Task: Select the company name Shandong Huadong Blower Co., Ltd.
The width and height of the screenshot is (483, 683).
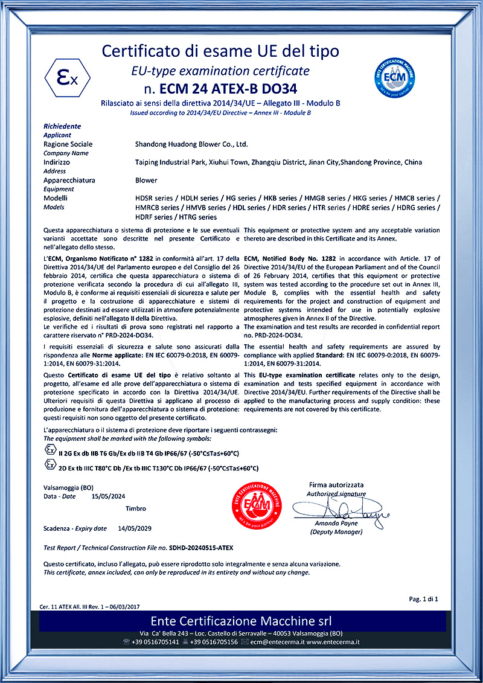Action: (191, 144)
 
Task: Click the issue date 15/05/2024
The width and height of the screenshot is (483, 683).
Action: (109, 496)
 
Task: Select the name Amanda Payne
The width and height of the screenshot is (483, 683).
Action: (336, 523)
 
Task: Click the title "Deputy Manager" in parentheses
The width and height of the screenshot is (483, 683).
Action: (336, 532)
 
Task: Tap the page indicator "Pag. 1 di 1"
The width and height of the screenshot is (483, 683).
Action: (423, 599)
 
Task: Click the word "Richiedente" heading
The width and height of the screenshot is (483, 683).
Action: (62, 126)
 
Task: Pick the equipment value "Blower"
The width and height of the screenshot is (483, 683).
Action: (146, 180)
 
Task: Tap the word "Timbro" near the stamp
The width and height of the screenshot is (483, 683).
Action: (136, 508)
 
